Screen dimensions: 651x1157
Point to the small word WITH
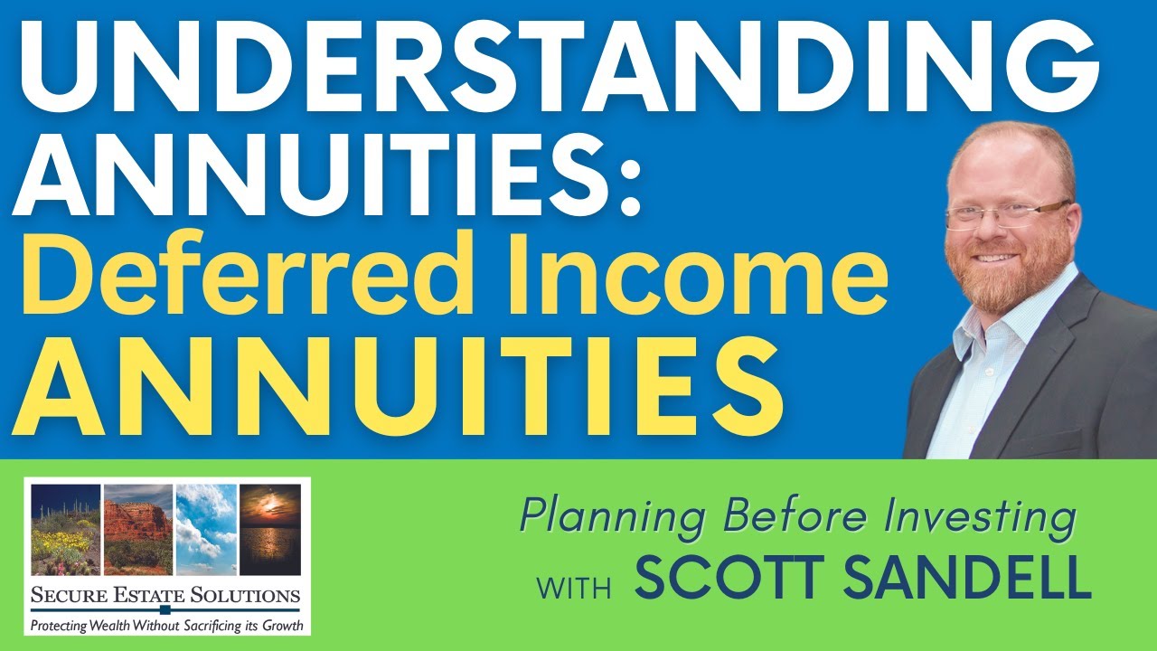point(574,586)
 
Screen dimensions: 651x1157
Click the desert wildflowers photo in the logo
point(66,529)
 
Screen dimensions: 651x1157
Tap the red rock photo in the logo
point(137,529)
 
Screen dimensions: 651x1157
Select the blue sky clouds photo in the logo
point(206,529)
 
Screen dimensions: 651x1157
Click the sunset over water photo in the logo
point(270,529)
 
